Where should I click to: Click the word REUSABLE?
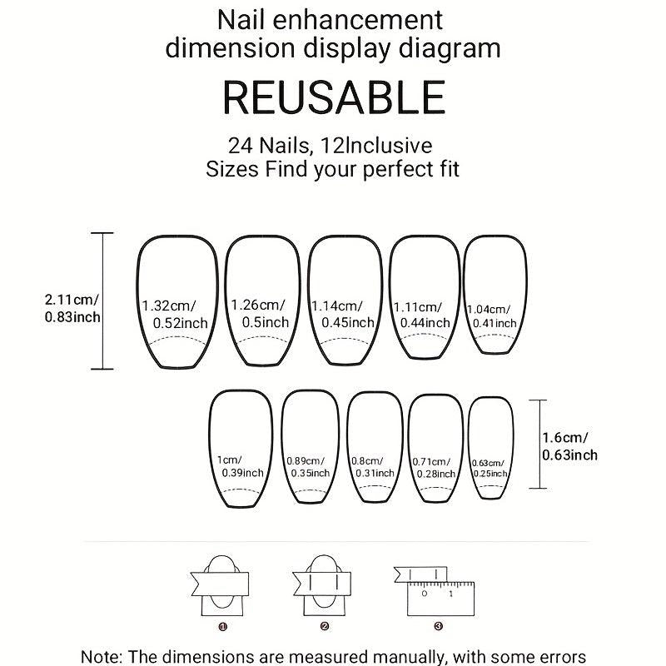click(334, 97)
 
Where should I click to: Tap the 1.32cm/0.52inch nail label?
click(175, 315)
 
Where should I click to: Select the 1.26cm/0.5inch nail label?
click(260, 314)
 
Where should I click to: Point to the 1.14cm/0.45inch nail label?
click(343, 315)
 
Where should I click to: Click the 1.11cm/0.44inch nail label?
click(422, 316)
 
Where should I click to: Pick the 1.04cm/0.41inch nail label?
click(492, 316)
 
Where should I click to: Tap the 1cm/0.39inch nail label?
click(240, 466)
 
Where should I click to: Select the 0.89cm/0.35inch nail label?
click(308, 467)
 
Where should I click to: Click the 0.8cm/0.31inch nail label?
click(372, 467)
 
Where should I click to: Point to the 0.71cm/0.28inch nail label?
click(434, 468)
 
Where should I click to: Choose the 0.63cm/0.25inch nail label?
click(490, 468)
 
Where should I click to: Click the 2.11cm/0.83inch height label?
click(72, 308)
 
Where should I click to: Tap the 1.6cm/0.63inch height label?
click(569, 446)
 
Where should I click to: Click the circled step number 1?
click(223, 627)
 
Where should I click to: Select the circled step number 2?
click(325, 626)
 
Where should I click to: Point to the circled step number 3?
click(439, 626)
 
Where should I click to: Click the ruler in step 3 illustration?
click(440, 599)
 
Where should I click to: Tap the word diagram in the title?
click(450, 49)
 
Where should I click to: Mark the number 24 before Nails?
click(241, 146)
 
